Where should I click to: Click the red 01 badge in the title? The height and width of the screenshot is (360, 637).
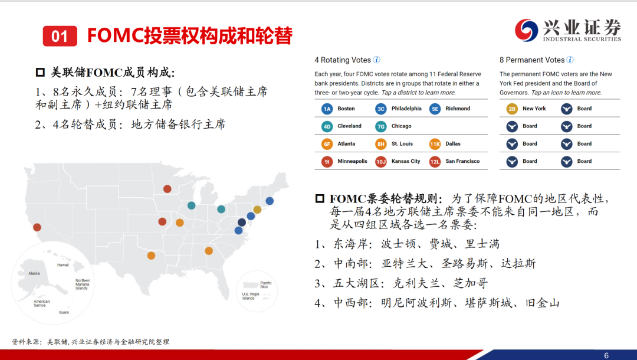point(60,36)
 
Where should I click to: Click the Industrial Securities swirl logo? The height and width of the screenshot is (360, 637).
point(527,30)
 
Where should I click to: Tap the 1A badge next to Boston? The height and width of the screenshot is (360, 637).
point(327,109)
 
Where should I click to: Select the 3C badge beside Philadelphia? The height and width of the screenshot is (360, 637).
point(380,109)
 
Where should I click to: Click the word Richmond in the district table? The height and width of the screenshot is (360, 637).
point(458,109)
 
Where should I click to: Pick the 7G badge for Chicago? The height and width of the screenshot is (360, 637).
point(380,126)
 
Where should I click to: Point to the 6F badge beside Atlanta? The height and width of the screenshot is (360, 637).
point(327,144)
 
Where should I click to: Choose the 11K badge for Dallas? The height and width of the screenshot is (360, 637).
point(435,144)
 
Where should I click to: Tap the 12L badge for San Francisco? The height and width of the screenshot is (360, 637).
point(435,162)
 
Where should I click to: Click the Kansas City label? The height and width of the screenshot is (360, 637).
point(405,161)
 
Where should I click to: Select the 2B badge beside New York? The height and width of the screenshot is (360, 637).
point(512,109)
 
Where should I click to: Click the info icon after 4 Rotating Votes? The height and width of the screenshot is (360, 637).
point(376,60)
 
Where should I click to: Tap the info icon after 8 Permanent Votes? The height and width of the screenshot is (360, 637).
point(570,60)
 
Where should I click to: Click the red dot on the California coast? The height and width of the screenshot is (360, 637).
point(37,227)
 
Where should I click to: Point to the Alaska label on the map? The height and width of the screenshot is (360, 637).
point(34,273)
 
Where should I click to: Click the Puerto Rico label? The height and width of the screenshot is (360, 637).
point(265,285)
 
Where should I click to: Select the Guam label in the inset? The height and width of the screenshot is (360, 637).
point(64,312)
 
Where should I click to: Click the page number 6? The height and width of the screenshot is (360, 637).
point(606,355)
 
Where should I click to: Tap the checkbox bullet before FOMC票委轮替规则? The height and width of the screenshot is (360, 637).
point(320,198)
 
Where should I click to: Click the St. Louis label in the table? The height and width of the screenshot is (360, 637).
point(402,144)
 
